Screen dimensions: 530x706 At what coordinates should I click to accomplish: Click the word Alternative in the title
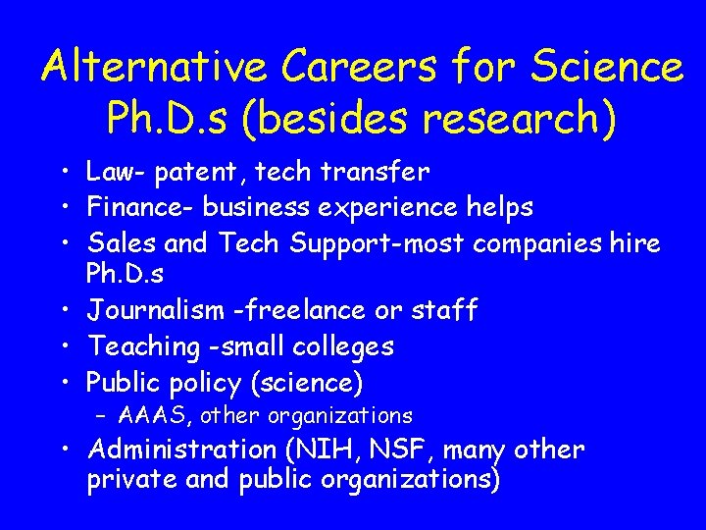coord(155,67)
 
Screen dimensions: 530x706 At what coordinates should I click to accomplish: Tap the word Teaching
coord(142,346)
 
